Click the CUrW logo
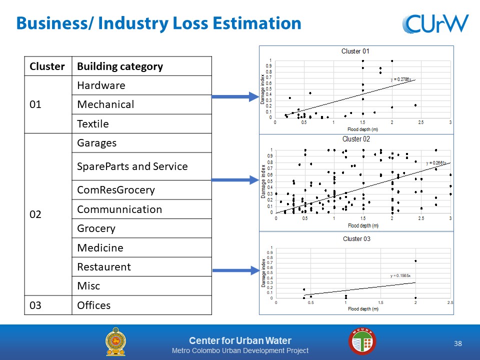point(435,23)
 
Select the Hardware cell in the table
point(141,85)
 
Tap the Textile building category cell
point(141,123)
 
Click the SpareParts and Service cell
point(141,166)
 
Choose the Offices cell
point(141,305)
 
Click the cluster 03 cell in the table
point(48,305)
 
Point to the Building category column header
point(141,66)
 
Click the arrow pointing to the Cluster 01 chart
point(235,96)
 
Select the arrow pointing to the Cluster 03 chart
point(236,270)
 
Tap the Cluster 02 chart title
point(356,139)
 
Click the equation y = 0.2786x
point(400,79)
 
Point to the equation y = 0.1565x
point(400,276)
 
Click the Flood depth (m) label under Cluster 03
point(363,309)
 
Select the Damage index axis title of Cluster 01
point(262,89)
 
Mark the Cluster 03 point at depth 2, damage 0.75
point(415,261)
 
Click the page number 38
point(458,343)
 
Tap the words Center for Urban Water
point(240,340)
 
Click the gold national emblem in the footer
point(115,341)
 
